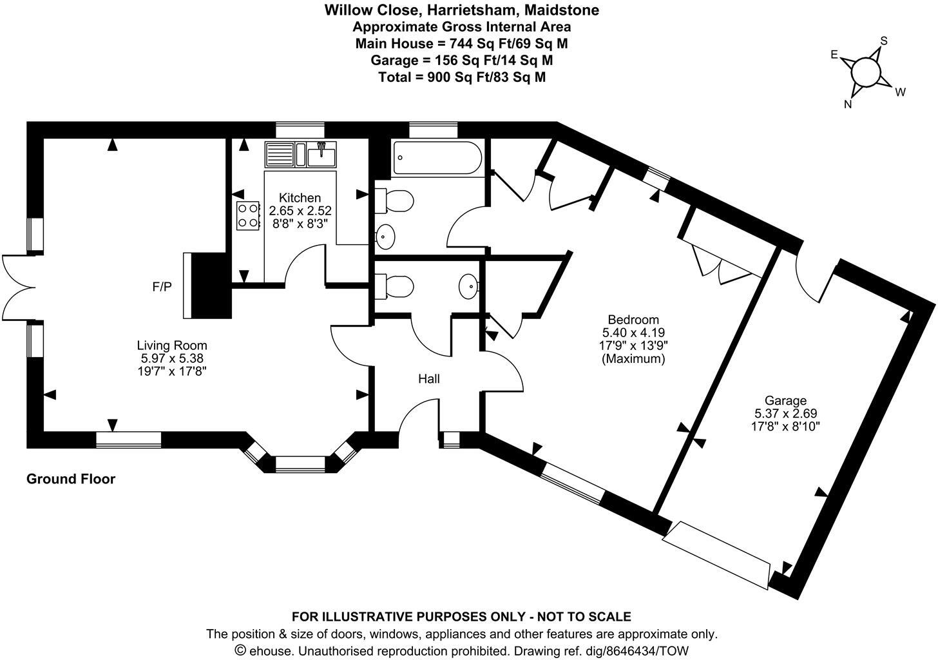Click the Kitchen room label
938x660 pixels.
click(x=300, y=198)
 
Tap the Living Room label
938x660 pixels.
click(x=172, y=345)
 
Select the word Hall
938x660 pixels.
click(x=429, y=379)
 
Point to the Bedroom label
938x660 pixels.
click(x=633, y=320)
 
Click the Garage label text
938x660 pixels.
click(x=785, y=400)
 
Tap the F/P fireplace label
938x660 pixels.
click(x=162, y=287)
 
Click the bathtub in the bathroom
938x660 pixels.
click(x=437, y=157)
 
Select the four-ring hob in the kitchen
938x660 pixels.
click(x=248, y=216)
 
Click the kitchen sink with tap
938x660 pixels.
click(x=321, y=154)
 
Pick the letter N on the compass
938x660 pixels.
click(x=848, y=104)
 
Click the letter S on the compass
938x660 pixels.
click(x=884, y=41)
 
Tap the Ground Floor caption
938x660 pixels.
click(x=71, y=479)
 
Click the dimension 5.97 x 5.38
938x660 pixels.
click(x=172, y=358)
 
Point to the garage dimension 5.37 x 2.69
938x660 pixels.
click(x=785, y=413)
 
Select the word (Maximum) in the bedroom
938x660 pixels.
click(x=633, y=359)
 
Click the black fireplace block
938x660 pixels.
click(x=214, y=286)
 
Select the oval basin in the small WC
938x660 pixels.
click(x=468, y=287)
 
